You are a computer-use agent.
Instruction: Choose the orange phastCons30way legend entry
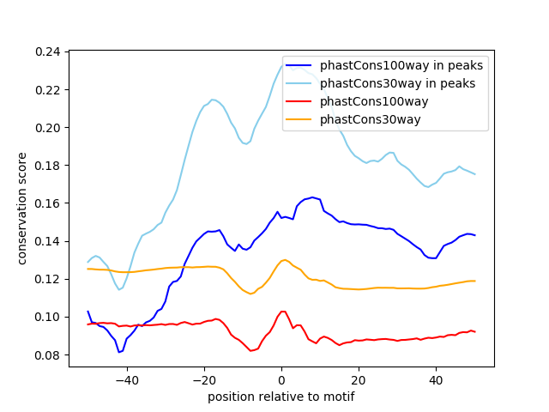pos(371,119)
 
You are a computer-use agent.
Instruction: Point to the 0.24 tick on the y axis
pos(48,52)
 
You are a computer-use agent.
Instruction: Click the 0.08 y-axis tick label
pos(48,354)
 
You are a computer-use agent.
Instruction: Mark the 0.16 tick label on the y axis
pos(48,203)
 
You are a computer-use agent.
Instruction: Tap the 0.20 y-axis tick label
pos(48,128)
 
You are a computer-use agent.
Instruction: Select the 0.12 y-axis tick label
pos(48,279)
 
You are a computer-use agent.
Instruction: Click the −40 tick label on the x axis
pos(126,379)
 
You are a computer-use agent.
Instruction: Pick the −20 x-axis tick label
pos(203,379)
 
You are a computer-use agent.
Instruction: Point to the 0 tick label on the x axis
pos(281,379)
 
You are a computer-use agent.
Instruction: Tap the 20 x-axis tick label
pos(359,379)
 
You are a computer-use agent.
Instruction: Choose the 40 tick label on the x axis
pos(436,379)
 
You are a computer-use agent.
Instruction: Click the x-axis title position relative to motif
pos(281,397)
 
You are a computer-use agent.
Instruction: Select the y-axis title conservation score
pos(23,209)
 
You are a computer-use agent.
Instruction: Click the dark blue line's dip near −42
pos(120,352)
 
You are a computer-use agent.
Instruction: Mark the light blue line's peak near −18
pos(212,100)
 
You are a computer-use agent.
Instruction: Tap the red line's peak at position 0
pos(282,311)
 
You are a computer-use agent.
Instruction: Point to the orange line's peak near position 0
pos(284,259)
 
